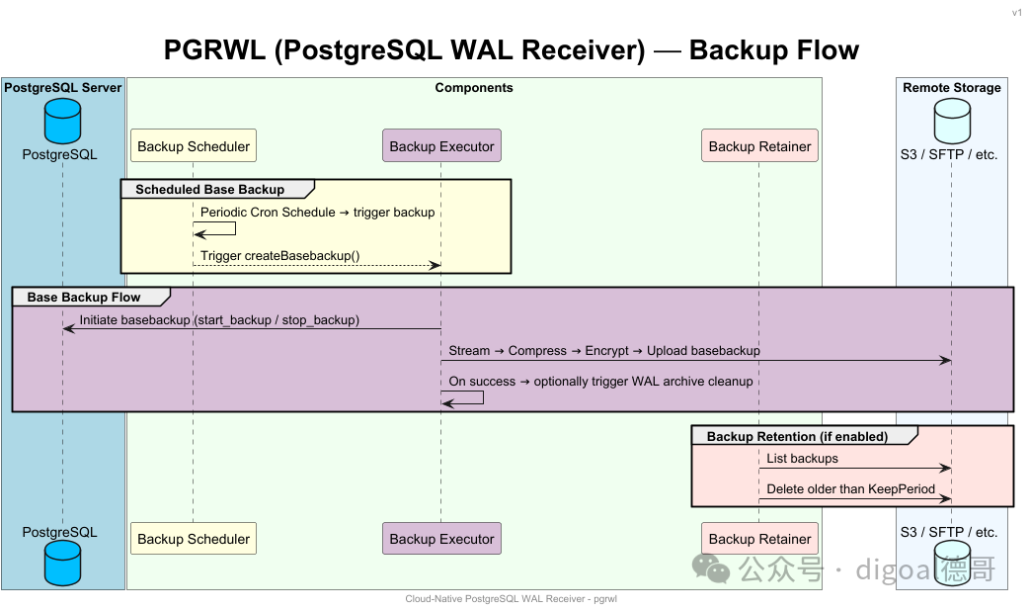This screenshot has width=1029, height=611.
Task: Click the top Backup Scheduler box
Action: point(194,145)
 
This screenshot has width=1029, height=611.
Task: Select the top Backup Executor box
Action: point(441,145)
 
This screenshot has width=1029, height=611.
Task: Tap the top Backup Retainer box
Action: point(760,145)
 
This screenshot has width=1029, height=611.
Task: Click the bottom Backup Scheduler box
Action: point(194,539)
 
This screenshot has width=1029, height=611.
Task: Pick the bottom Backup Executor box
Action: point(441,539)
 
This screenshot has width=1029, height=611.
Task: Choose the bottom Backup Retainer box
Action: point(760,539)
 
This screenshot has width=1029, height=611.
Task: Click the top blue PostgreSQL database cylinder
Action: point(62,121)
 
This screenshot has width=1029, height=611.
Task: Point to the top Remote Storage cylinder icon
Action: point(952,121)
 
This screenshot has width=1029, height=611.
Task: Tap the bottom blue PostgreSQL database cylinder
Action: point(62,564)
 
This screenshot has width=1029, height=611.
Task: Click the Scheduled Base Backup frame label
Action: point(210,189)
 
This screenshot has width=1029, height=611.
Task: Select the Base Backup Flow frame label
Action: point(84,297)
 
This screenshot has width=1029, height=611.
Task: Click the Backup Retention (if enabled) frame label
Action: point(797,436)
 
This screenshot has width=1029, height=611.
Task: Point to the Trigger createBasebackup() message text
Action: point(280,255)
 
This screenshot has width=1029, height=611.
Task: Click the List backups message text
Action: point(803,459)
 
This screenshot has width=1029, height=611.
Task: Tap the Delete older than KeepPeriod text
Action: point(850,488)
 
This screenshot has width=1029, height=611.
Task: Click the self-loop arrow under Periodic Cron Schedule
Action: point(235,228)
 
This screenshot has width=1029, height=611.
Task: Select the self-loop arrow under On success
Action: point(483,397)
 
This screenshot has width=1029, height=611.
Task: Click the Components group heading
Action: point(474,87)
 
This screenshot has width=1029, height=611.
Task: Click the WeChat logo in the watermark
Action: point(711,568)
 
